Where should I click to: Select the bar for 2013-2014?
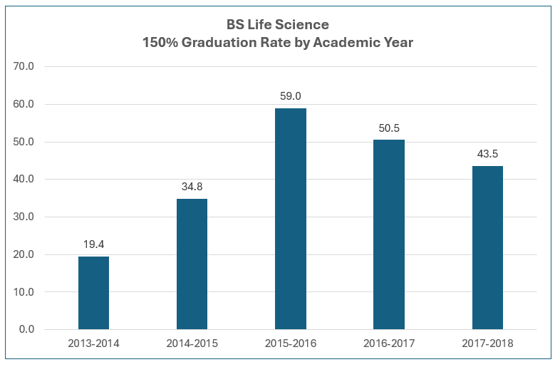tap(93, 293)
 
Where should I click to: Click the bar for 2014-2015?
tap(192, 264)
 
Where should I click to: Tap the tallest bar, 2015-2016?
tap(291, 219)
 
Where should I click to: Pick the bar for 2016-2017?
tap(389, 234)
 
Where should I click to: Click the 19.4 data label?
tap(93, 244)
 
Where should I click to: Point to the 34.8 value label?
tap(192, 187)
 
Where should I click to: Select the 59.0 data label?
tap(291, 96)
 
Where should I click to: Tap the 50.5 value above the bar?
tap(389, 128)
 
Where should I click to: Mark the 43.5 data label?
tap(487, 154)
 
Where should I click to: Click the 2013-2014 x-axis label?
tap(93, 343)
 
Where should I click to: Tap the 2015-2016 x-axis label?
tap(291, 343)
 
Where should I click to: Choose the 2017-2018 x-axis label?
tap(487, 343)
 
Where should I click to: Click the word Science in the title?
tap(305, 26)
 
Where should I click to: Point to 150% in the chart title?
tap(160, 43)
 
